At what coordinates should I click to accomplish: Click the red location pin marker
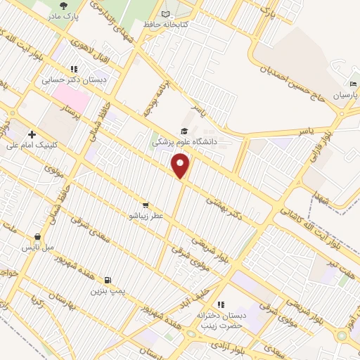point(181,166)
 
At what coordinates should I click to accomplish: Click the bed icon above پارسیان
point(354,84)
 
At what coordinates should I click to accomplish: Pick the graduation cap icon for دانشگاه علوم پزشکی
point(184,131)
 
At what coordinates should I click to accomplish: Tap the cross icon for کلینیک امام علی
point(32,134)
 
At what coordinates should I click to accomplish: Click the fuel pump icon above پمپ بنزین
point(108,279)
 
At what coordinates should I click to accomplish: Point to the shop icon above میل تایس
point(37,237)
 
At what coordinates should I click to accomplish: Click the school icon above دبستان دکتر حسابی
point(73,69)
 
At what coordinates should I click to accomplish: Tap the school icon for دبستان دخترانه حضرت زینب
point(221,304)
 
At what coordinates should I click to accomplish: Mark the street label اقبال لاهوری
point(88,45)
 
